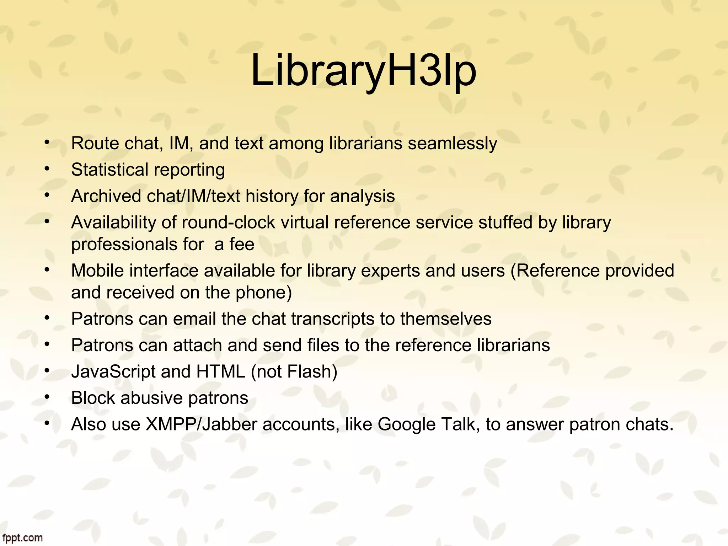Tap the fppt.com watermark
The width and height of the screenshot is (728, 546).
tap(22, 537)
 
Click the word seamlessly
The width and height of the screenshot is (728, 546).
tap(452, 144)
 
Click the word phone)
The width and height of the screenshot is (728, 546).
tap(263, 293)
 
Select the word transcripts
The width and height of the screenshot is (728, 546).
tap(333, 319)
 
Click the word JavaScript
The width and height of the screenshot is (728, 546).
tap(113, 372)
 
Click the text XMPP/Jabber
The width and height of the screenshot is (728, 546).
tap(201, 424)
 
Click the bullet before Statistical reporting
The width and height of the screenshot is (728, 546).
tap(47, 169)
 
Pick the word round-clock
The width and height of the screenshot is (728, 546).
tap(228, 223)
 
